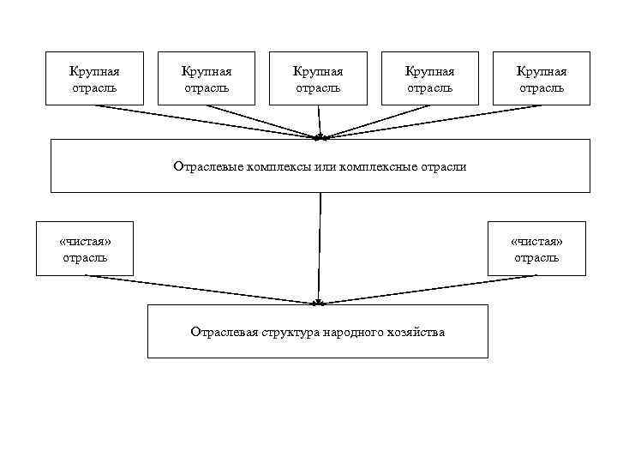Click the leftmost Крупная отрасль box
94,79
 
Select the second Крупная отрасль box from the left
207,79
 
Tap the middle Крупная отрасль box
318,79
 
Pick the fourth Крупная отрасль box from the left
429,79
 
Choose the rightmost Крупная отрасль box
541,79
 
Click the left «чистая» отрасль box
85,249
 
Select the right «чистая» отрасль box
536,249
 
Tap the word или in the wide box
325,166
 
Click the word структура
290,332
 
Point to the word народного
354,332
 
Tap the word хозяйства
416,332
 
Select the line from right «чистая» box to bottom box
428,289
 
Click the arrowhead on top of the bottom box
318,302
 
